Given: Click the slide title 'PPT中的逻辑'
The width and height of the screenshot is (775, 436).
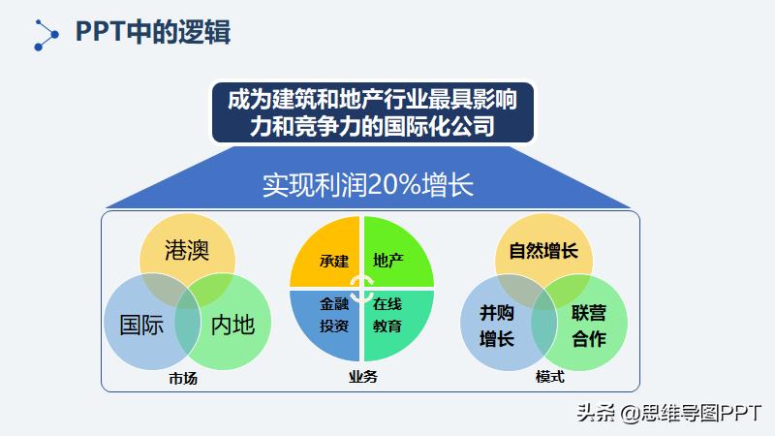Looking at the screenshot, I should click(x=153, y=31).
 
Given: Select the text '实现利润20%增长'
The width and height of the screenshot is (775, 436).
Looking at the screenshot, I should click(x=368, y=185).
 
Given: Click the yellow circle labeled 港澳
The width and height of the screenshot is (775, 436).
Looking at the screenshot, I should click(x=187, y=249).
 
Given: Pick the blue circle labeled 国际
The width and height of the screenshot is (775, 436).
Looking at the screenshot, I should click(x=140, y=325).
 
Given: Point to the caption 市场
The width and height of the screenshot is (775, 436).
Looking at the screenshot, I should click(x=183, y=378).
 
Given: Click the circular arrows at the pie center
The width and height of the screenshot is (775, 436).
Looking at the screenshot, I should click(x=361, y=288).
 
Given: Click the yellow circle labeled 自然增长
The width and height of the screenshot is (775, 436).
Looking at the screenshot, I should click(x=542, y=250).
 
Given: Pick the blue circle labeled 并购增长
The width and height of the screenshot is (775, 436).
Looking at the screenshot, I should click(x=497, y=325).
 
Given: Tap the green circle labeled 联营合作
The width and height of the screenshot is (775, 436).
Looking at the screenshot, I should click(x=588, y=326).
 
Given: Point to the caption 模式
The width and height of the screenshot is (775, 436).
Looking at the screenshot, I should click(x=549, y=376).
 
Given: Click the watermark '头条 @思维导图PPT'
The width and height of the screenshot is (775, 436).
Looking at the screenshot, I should click(x=668, y=412).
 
